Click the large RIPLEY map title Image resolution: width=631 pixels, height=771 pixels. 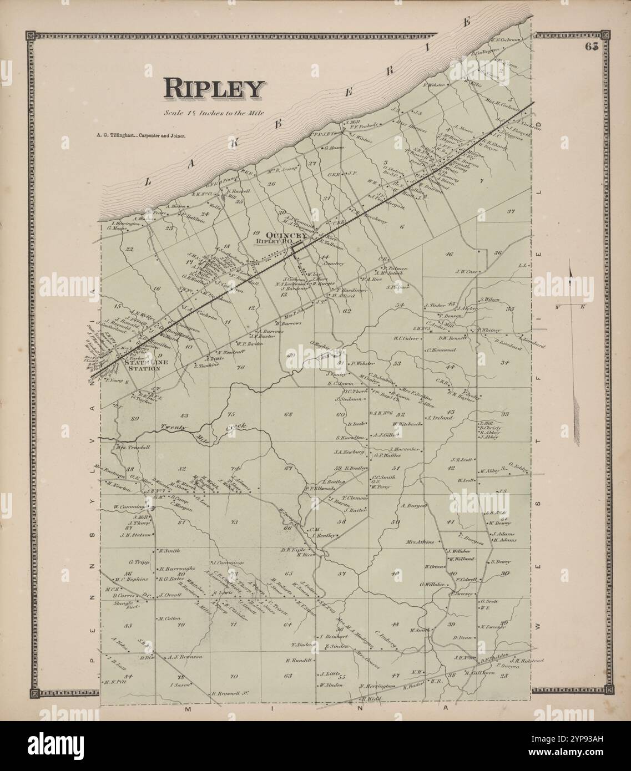click(213, 89)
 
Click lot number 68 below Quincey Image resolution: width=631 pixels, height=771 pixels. click(288, 414)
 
